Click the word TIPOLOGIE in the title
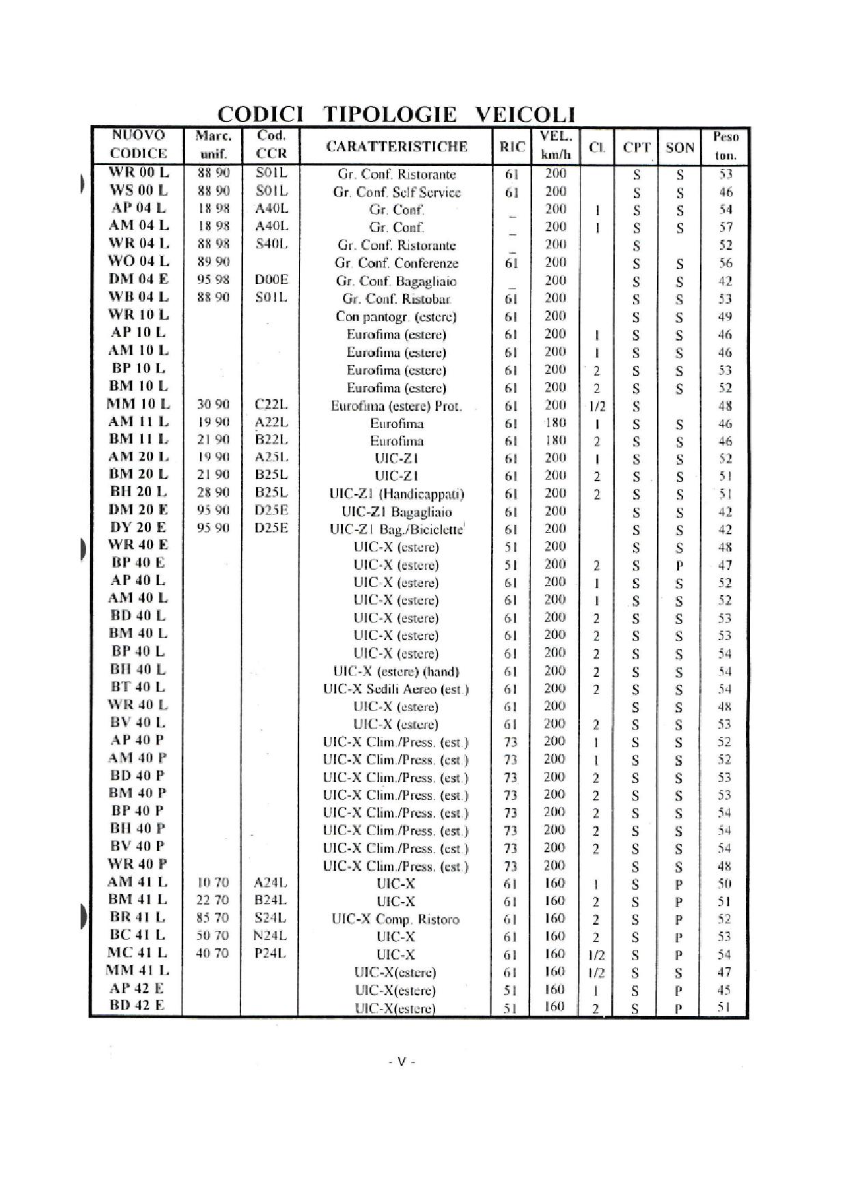[x=390, y=113]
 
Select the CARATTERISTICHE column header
[x=397, y=146]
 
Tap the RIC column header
[x=512, y=146]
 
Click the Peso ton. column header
[x=725, y=145]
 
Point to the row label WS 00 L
[x=139, y=190]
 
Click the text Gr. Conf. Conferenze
[x=397, y=263]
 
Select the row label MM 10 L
[x=138, y=404]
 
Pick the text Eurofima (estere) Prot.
[x=397, y=406]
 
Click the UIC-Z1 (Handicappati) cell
[x=397, y=494]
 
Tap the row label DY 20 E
[x=138, y=528]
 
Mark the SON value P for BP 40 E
[x=679, y=565]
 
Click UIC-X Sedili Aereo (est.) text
[x=397, y=689]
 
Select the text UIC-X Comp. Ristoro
[x=396, y=919]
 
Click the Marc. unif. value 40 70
[x=212, y=953]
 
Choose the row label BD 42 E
[x=137, y=1005]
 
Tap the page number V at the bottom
[x=402, y=1062]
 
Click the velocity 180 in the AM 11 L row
[x=555, y=422]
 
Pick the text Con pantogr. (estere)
[x=397, y=317]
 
